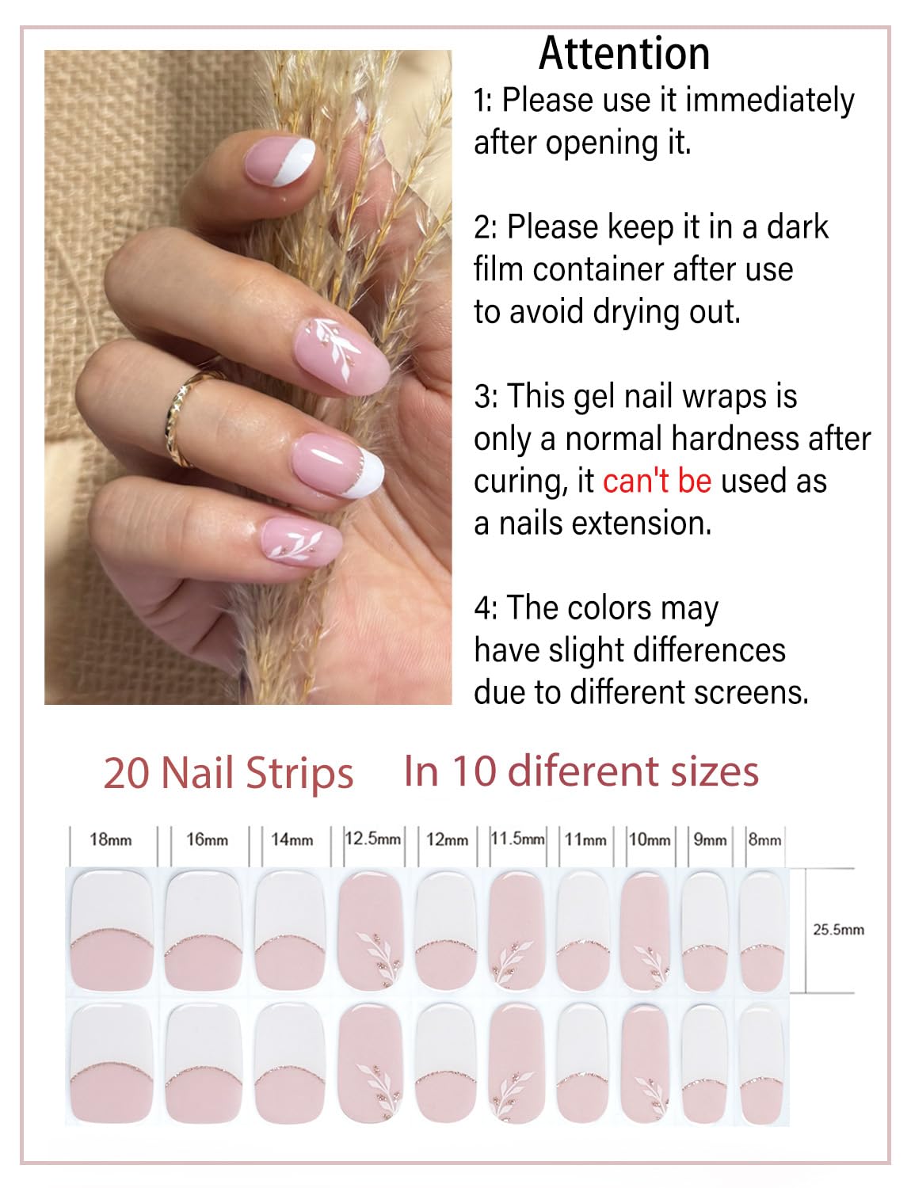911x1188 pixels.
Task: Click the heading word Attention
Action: click(624, 54)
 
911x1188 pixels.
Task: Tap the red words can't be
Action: click(657, 481)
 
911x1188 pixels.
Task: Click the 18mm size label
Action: click(111, 840)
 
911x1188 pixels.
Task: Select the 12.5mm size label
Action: click(373, 838)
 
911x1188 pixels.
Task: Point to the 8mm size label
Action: click(764, 840)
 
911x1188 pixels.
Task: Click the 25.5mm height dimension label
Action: click(838, 930)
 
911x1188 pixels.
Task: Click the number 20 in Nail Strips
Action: click(127, 774)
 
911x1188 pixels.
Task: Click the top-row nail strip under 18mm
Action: click(112, 929)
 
